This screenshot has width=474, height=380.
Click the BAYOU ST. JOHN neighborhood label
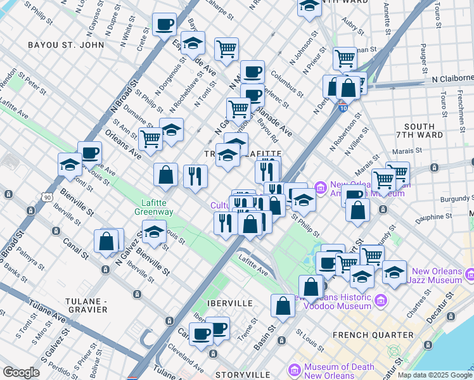58,45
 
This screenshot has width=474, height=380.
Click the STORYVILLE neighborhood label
238,376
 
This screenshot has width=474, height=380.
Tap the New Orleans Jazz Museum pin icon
470,274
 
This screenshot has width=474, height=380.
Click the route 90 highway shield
46,197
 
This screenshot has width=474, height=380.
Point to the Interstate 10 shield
342,108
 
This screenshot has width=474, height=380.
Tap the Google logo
22,372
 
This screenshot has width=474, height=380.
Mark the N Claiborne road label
452,79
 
